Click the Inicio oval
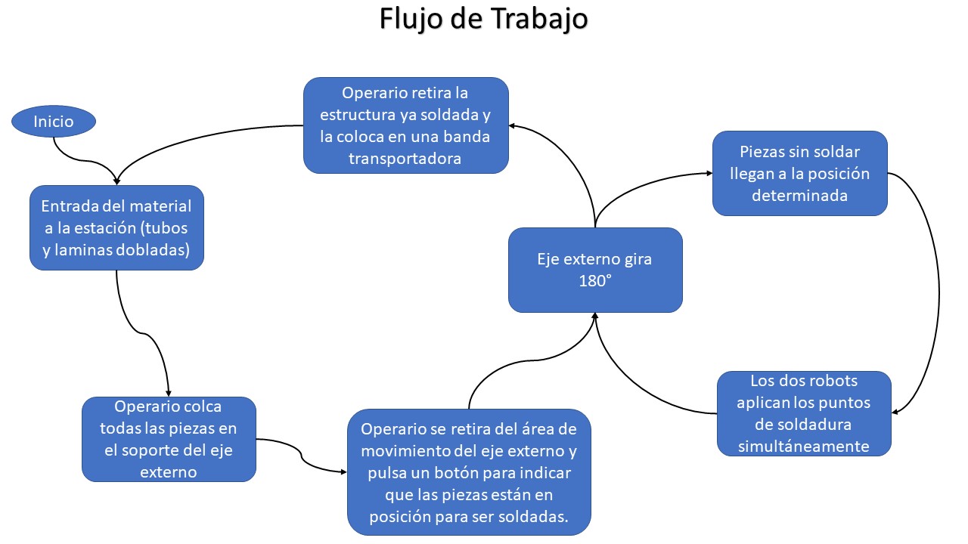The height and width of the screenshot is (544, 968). click(x=54, y=121)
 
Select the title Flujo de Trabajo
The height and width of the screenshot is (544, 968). click(x=483, y=20)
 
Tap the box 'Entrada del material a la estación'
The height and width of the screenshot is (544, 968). click(x=116, y=227)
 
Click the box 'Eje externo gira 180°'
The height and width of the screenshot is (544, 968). click(x=595, y=270)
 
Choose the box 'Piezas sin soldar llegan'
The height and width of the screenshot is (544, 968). click(x=799, y=173)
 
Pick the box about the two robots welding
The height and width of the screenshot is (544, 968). click(x=804, y=413)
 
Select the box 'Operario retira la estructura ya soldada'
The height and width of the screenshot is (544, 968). click(x=405, y=125)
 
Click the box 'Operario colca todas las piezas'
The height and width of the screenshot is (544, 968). click(x=169, y=439)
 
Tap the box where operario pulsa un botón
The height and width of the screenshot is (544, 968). click(x=469, y=472)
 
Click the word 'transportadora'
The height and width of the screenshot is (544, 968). click(x=405, y=159)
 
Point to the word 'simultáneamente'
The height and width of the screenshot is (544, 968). click(x=804, y=446)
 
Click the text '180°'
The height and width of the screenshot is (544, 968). click(x=594, y=281)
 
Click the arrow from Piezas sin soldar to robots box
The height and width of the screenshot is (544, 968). click(x=938, y=295)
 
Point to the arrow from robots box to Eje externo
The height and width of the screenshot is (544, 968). click(x=643, y=393)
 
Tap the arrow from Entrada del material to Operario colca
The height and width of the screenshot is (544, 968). click(x=144, y=332)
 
